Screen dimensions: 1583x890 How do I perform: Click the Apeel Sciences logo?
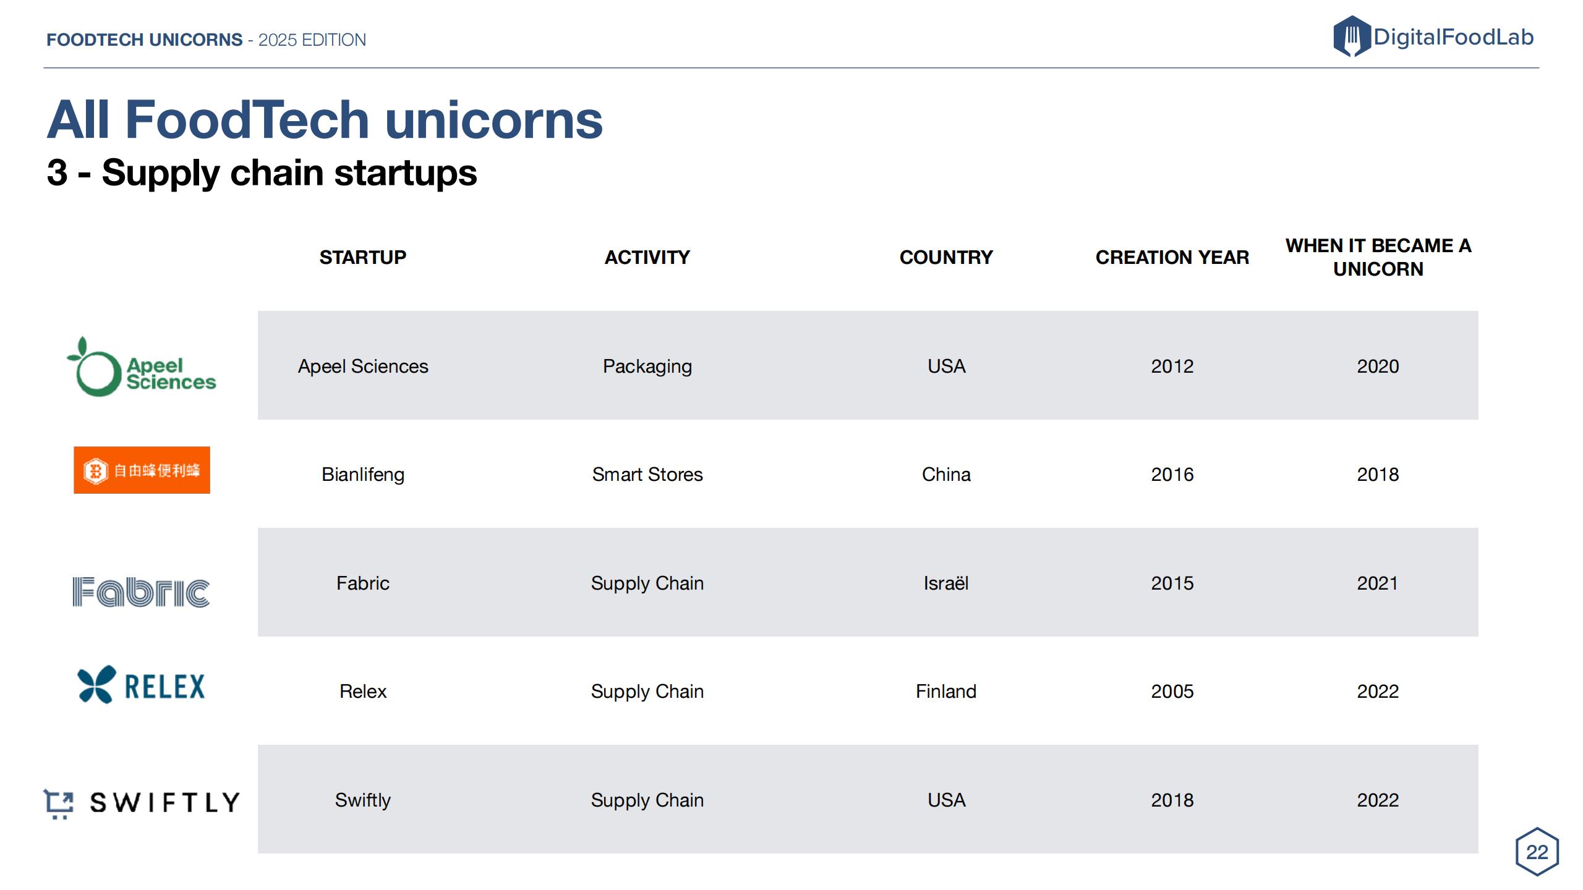coord(142,367)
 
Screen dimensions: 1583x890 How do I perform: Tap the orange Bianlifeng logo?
coord(142,470)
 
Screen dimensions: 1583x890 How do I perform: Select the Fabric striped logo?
coord(141,592)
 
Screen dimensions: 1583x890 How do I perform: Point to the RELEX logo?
coord(141,685)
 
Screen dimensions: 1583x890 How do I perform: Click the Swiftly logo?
coord(141,803)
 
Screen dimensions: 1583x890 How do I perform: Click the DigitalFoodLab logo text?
coord(1453,37)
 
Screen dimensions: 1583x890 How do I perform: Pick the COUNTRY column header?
coord(946,257)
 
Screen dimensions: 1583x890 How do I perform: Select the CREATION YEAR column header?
coord(1172,257)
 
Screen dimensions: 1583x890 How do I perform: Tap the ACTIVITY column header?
coord(647,257)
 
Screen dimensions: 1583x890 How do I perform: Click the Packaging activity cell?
coord(647,367)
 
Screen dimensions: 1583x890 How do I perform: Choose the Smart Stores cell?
coord(647,474)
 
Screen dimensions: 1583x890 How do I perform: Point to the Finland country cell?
coord(946,691)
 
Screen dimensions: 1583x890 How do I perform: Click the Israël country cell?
coord(946,583)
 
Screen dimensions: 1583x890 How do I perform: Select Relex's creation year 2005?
coord(1172,691)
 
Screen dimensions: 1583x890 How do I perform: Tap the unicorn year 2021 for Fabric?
coord(1378,583)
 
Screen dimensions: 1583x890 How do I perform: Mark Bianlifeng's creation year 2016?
coord(1172,474)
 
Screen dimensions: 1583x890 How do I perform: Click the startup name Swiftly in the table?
coord(363,800)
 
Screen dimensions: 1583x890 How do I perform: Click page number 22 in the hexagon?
coord(1537,852)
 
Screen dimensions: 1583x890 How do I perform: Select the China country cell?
coord(946,474)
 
